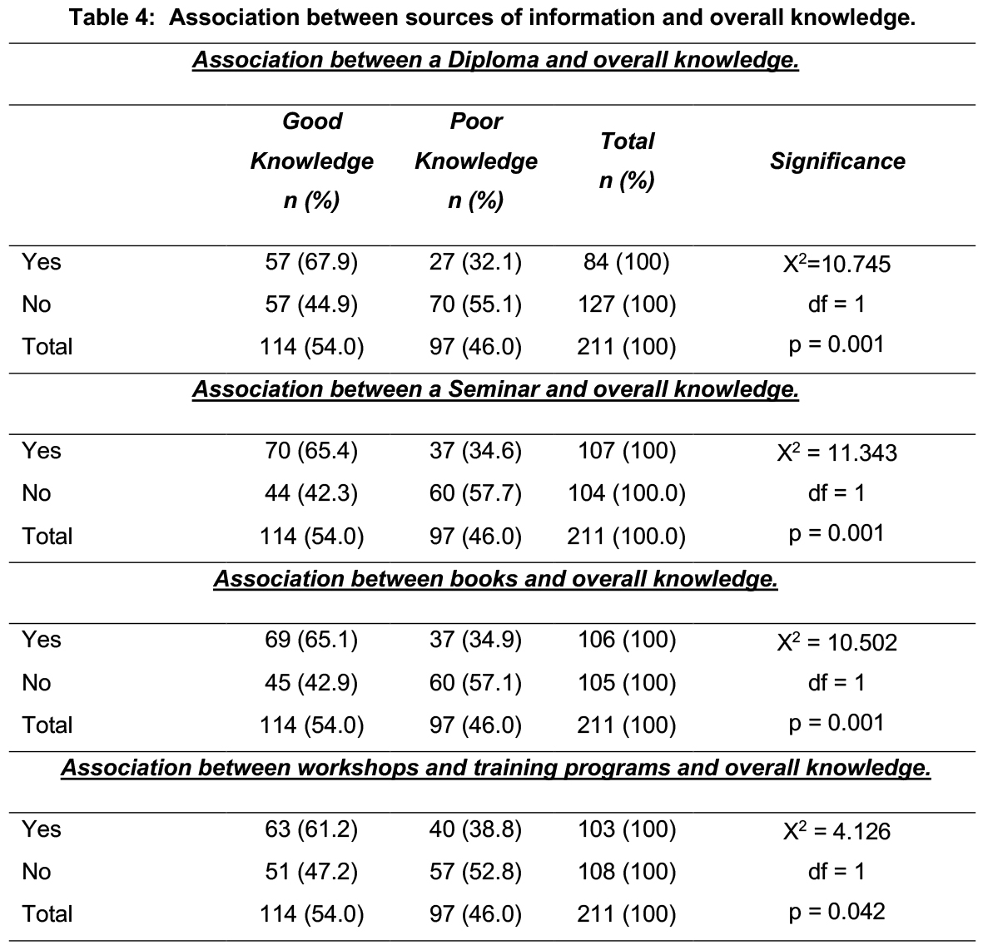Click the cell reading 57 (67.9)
311,262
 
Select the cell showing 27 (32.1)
475,262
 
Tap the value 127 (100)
627,304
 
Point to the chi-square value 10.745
837,264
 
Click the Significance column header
837,161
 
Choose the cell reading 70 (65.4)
311,451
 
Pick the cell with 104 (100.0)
627,494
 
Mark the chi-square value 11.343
837,453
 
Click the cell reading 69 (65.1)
311,640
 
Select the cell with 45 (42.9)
311,683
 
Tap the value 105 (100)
627,683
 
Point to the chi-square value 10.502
837,642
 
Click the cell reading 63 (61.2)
311,829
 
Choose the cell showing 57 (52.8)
475,873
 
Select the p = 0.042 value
837,912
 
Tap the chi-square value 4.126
837,832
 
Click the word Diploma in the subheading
493,60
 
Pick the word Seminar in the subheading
494,390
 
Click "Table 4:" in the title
112,17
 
